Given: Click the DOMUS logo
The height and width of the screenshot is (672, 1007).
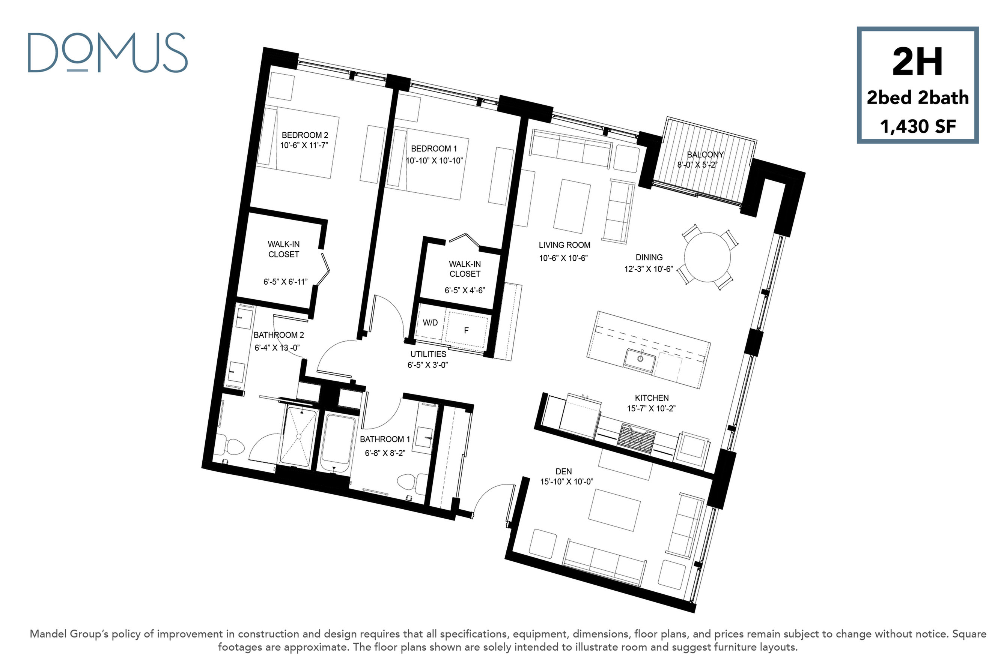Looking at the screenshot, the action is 108,53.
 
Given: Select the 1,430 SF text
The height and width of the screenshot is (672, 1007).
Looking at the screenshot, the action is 918,126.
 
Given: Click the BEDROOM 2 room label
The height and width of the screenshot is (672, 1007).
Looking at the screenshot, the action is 304,135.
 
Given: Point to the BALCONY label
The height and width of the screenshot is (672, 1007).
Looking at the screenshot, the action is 705,154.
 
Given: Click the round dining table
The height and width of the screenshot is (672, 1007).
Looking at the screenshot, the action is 707,257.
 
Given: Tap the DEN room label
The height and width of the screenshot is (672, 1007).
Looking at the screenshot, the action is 563,471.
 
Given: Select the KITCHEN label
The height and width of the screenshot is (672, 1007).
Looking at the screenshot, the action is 652,398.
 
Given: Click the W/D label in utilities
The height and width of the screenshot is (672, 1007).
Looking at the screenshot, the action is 430,322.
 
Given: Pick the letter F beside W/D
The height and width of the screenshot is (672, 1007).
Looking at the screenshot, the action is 466,330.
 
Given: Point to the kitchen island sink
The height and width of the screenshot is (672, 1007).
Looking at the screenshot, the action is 640,360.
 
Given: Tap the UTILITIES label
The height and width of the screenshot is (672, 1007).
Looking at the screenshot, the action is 428,354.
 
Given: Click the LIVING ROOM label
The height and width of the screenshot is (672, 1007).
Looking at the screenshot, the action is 564,245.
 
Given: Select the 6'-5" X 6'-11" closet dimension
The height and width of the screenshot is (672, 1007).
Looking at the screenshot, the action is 285,282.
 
